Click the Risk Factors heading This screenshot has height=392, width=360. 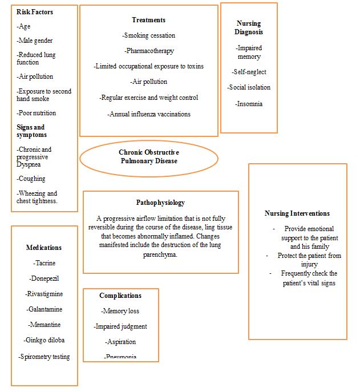[35, 12]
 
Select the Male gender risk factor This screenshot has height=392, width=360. [35, 41]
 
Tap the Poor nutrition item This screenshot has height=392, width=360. [37, 113]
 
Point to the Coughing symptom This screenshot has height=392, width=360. [31, 179]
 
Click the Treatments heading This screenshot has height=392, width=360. [148, 20]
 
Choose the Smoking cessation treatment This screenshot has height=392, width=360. [148, 35]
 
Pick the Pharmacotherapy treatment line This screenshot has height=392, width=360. [148, 51]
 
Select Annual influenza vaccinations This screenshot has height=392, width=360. [148, 114]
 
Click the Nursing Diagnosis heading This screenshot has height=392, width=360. [249, 28]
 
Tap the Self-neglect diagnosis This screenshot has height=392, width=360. [249, 72]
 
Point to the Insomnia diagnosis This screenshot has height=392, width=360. [249, 104]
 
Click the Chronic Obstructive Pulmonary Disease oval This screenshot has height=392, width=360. [148, 157]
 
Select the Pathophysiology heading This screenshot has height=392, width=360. [160, 203]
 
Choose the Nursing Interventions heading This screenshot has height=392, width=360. [297, 213]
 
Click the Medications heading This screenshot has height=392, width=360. [44, 248]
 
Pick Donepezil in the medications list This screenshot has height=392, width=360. [44, 278]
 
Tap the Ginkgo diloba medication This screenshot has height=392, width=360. [44, 340]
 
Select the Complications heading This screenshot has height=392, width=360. [120, 296]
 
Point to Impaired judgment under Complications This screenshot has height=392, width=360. [120, 326]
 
